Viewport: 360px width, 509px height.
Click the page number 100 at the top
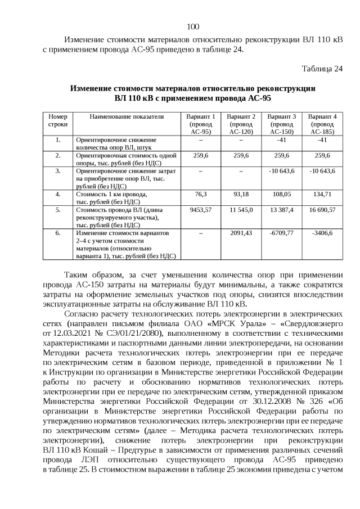pyautogui.click(x=192, y=26)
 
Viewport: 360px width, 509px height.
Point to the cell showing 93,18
pyautogui.click(x=241, y=193)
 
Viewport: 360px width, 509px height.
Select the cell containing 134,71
pyautogui.click(x=322, y=193)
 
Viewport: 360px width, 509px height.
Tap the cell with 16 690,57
pyautogui.click(x=322, y=209)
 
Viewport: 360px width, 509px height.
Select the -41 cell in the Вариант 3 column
pyautogui.click(x=282, y=139)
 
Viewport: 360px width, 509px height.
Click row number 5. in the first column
pyautogui.click(x=58, y=209)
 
